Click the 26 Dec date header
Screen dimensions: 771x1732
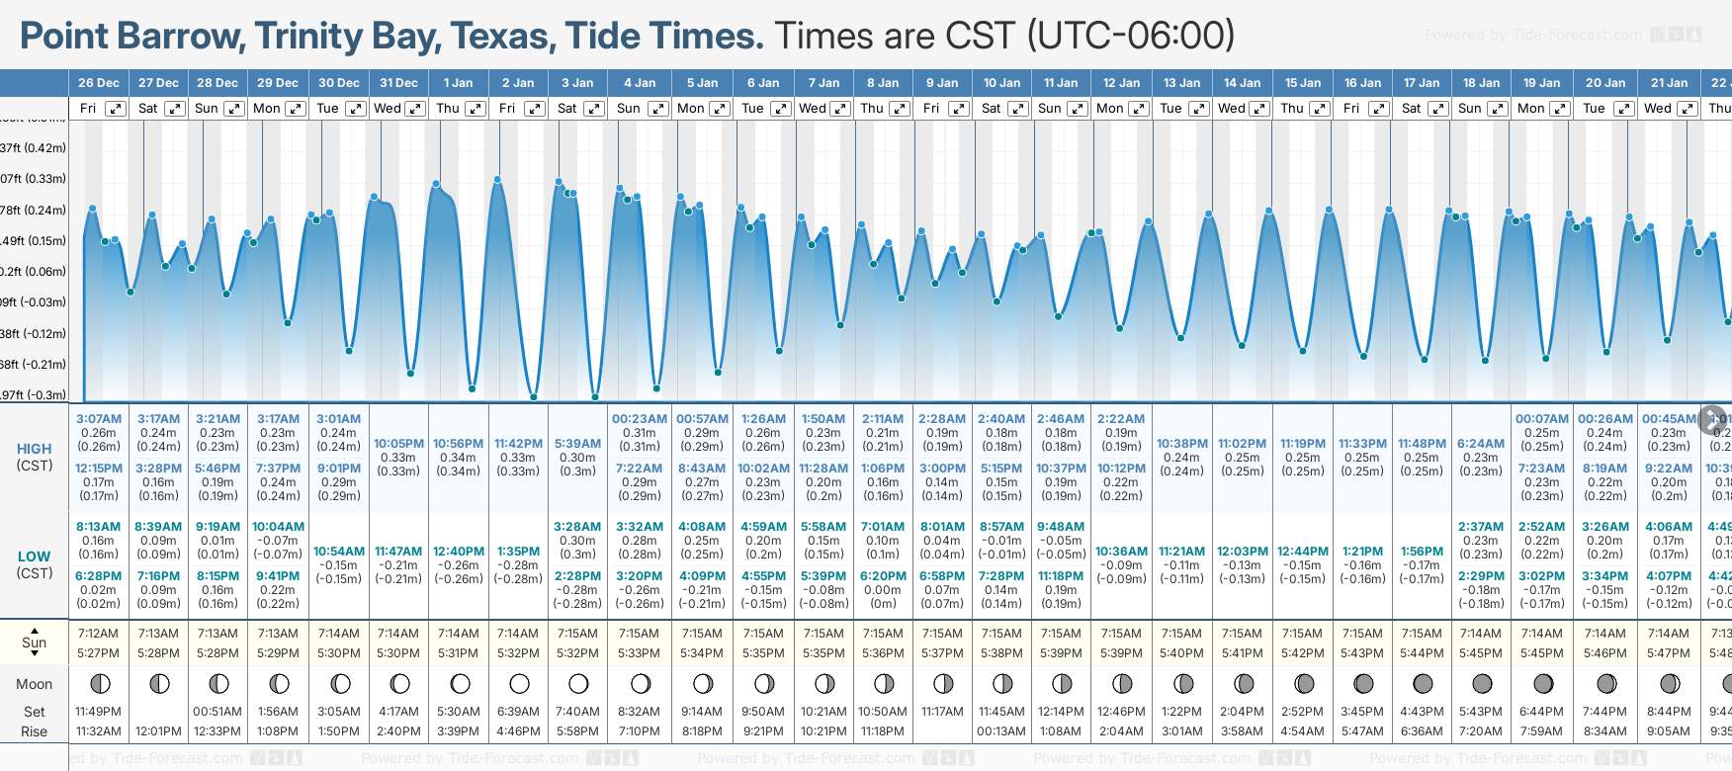[99, 83]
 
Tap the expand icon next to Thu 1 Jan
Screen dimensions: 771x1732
[475, 109]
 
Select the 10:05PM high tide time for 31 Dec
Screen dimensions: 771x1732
[398, 444]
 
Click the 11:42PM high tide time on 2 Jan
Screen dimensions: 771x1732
[518, 444]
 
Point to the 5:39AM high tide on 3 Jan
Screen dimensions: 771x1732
[577, 444]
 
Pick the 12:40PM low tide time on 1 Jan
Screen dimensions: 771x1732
[459, 552]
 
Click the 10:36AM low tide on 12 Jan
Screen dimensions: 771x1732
[1121, 552]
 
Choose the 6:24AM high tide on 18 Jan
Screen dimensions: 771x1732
[1481, 444]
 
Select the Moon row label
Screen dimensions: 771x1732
[35, 684]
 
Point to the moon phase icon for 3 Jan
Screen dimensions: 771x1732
[578, 684]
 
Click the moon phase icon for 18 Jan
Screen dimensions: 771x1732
[1482, 684]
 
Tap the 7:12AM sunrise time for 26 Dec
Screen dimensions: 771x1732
[98, 634]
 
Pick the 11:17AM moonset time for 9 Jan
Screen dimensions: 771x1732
[942, 712]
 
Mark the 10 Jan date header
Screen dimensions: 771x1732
[1001, 83]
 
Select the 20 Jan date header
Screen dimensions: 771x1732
[1604, 83]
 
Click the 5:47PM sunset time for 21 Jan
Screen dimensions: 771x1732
[1669, 653]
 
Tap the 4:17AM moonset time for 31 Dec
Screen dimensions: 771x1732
[398, 712]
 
